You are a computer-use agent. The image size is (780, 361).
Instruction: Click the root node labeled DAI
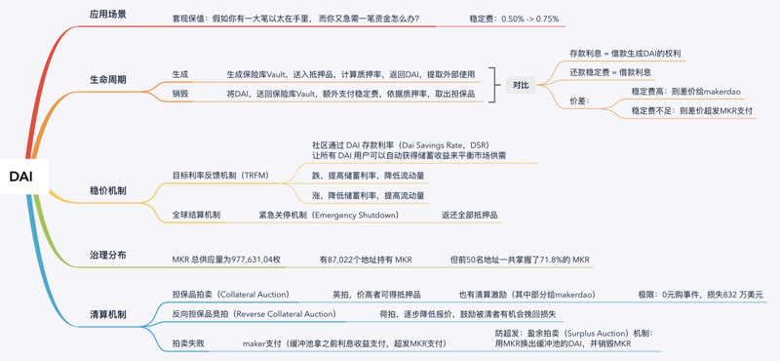(20, 177)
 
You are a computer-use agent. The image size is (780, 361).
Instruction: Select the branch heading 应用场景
(107, 16)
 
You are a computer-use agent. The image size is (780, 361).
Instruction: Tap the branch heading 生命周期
(107, 79)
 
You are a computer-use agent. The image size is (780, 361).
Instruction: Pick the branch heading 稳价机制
(107, 190)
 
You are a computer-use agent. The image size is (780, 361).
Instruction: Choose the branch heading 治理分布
(107, 255)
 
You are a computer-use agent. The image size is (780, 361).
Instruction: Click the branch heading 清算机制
(107, 314)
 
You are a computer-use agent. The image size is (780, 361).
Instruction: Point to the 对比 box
(521, 85)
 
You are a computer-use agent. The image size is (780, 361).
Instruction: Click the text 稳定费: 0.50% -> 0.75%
(514, 19)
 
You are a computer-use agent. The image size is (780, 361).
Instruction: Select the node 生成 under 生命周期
(180, 74)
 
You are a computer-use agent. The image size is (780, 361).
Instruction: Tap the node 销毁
(180, 94)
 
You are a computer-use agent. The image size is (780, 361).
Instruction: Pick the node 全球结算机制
(196, 215)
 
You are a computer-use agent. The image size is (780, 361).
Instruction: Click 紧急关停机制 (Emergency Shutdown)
(328, 215)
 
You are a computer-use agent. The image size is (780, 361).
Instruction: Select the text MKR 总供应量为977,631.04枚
(226, 260)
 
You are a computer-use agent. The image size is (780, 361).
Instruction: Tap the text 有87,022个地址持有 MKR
(366, 260)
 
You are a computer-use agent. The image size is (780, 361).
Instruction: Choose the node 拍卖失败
(188, 343)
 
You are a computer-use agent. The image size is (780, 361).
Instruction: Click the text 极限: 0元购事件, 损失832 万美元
(700, 294)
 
